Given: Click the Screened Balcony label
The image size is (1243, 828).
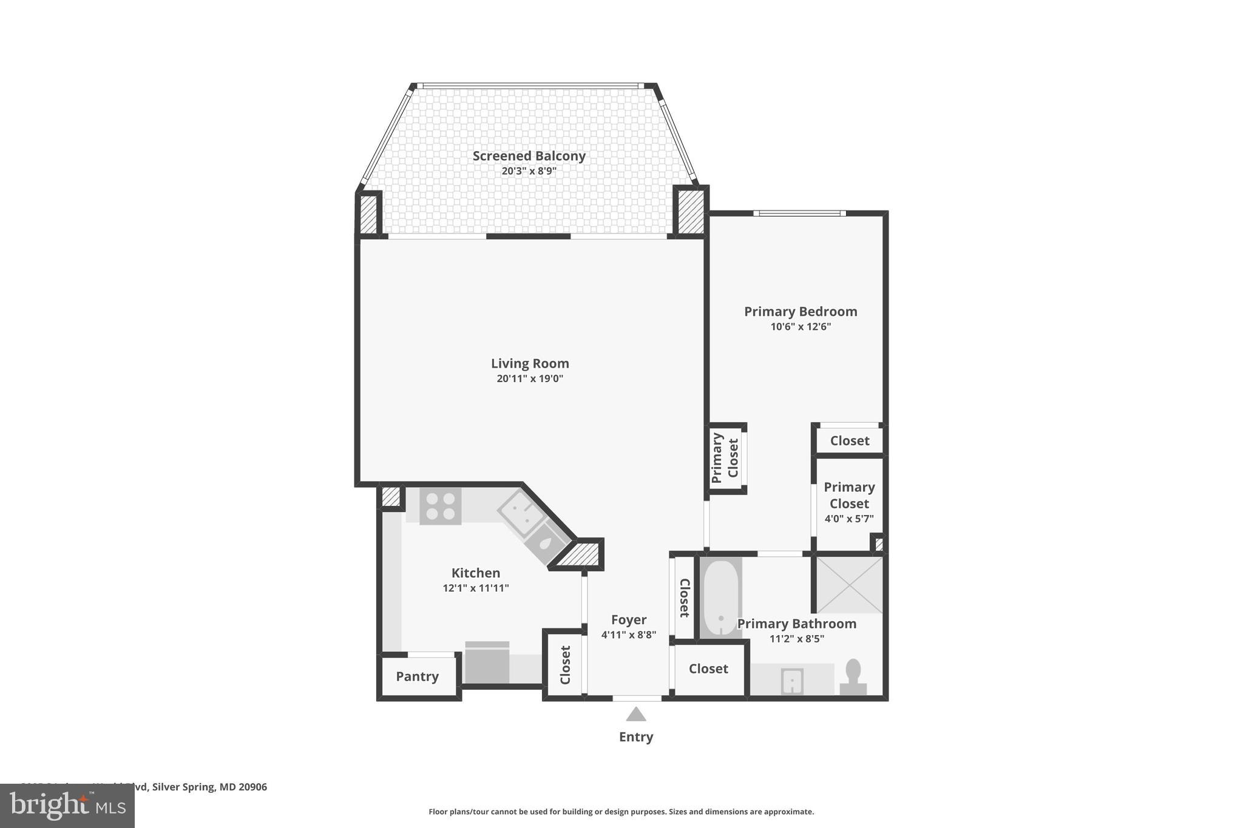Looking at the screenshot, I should (x=529, y=156).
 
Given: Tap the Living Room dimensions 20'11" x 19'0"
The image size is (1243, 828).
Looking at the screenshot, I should (x=530, y=379).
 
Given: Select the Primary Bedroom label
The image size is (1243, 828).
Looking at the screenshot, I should (x=800, y=311).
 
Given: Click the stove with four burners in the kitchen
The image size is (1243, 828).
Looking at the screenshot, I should (x=441, y=506).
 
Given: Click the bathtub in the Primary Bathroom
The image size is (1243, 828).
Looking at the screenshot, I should (x=720, y=597).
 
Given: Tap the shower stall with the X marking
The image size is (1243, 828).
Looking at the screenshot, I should (x=849, y=585).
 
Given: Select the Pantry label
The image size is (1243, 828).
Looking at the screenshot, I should (x=417, y=676).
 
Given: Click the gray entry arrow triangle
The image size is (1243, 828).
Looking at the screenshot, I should (x=635, y=715).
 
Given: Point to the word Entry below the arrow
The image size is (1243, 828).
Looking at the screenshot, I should (x=635, y=737).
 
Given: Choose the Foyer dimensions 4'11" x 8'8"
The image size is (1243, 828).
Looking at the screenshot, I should (x=628, y=635).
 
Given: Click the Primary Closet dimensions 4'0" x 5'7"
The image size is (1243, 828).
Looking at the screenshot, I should (x=848, y=519).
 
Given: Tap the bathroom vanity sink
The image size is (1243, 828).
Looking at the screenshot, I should (x=791, y=681).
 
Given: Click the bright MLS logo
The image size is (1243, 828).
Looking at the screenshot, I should (x=67, y=806).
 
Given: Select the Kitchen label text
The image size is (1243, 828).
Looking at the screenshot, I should (x=475, y=573).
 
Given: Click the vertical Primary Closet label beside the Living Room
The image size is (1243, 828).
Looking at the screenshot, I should (x=725, y=458).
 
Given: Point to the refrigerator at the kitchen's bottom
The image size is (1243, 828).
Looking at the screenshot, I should (x=487, y=662).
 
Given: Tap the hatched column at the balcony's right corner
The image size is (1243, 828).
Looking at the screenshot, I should (x=690, y=212).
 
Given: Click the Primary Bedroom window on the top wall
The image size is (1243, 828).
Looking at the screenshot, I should (x=799, y=213).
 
